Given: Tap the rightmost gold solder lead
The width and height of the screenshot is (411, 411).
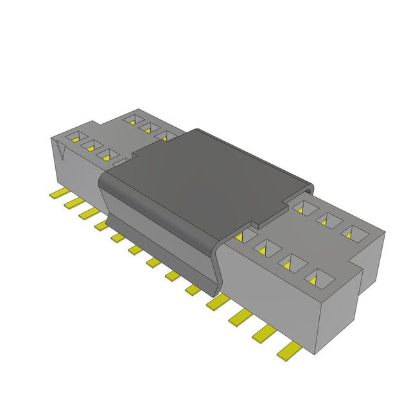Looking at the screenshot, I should click(x=290, y=350).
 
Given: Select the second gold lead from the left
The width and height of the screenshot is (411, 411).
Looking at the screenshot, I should click(x=73, y=203).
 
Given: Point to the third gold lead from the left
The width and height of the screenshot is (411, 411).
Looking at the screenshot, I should click(x=88, y=213).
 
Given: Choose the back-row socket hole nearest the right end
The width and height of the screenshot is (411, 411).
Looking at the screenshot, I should click(x=351, y=232).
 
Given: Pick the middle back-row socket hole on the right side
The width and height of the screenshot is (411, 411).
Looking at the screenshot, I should click(x=329, y=220).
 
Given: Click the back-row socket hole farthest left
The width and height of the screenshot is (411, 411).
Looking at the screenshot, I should click(x=132, y=119).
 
